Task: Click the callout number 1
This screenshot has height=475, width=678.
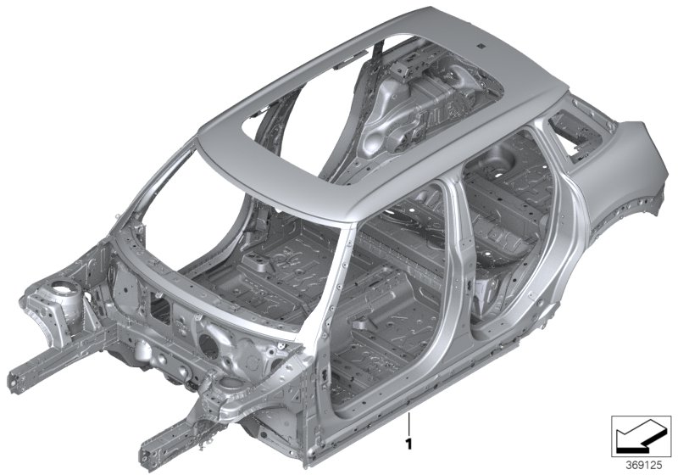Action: pyautogui.click(x=408, y=444)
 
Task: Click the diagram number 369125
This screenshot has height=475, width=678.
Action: pyautogui.click(x=644, y=466)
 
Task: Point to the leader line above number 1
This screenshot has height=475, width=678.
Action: pyautogui.click(x=408, y=425)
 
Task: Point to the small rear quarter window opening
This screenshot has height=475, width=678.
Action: pyautogui.click(x=575, y=133)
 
